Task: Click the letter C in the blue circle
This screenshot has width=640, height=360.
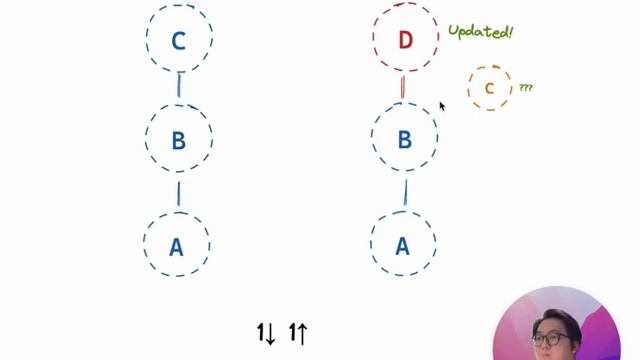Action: tap(179, 41)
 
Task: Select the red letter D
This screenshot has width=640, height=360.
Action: tap(405, 40)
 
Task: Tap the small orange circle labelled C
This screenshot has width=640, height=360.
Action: tap(489, 88)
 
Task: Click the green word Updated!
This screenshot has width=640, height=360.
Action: tap(478, 32)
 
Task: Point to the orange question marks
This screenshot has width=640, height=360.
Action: tap(525, 88)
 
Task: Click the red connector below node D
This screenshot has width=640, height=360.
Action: tap(402, 87)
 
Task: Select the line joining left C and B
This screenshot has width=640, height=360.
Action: tap(179, 87)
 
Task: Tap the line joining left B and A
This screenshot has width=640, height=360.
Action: tap(178, 191)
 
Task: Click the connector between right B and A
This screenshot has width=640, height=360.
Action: tap(405, 191)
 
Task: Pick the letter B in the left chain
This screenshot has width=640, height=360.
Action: tap(178, 141)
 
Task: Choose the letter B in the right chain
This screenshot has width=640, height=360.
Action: tap(405, 140)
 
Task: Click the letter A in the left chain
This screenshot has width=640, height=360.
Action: tap(176, 246)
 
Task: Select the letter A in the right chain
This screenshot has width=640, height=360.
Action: tap(402, 246)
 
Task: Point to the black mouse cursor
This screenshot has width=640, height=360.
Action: tap(441, 105)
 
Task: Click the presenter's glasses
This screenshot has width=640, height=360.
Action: tap(548, 339)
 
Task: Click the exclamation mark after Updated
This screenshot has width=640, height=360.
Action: tap(510, 31)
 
